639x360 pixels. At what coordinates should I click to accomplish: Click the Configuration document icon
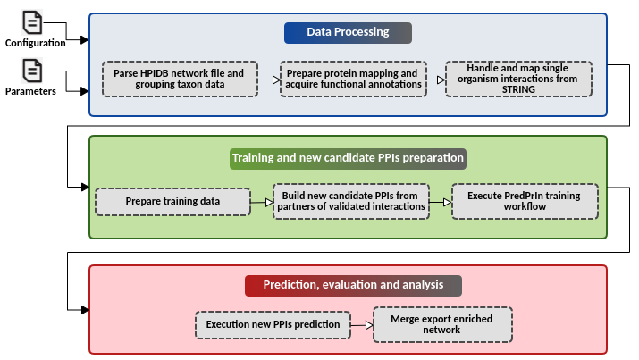pos(32,22)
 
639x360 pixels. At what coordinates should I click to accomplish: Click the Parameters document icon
pos(32,71)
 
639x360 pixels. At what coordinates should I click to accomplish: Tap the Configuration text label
pos(36,43)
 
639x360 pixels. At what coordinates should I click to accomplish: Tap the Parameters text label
pos(30,91)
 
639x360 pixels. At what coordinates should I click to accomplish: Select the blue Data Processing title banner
pos(348,32)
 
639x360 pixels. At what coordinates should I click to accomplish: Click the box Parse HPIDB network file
pos(180,79)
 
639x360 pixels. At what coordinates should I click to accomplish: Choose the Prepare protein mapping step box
pos(353,79)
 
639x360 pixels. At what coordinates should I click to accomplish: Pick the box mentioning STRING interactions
pos(518,79)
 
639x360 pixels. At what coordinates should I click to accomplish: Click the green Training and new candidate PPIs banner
pos(348,158)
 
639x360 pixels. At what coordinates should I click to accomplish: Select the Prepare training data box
pos(172,202)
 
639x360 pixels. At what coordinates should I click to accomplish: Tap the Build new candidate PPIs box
pos(351,202)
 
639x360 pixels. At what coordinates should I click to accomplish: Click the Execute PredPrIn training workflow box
pos(525,202)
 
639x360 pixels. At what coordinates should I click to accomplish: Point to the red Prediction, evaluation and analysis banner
pos(353,286)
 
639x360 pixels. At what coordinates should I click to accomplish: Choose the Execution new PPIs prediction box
pos(273,325)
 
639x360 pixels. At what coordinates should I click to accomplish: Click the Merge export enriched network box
pos(442,324)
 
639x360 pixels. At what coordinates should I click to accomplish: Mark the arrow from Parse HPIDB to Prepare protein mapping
pos(269,80)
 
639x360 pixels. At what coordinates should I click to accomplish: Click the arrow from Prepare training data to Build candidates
pos(262,202)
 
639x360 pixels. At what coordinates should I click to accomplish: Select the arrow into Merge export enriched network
pos(362,325)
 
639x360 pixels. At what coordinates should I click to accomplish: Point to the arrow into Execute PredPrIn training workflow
pos(441,202)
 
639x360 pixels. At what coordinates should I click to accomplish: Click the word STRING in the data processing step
pos(518,89)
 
